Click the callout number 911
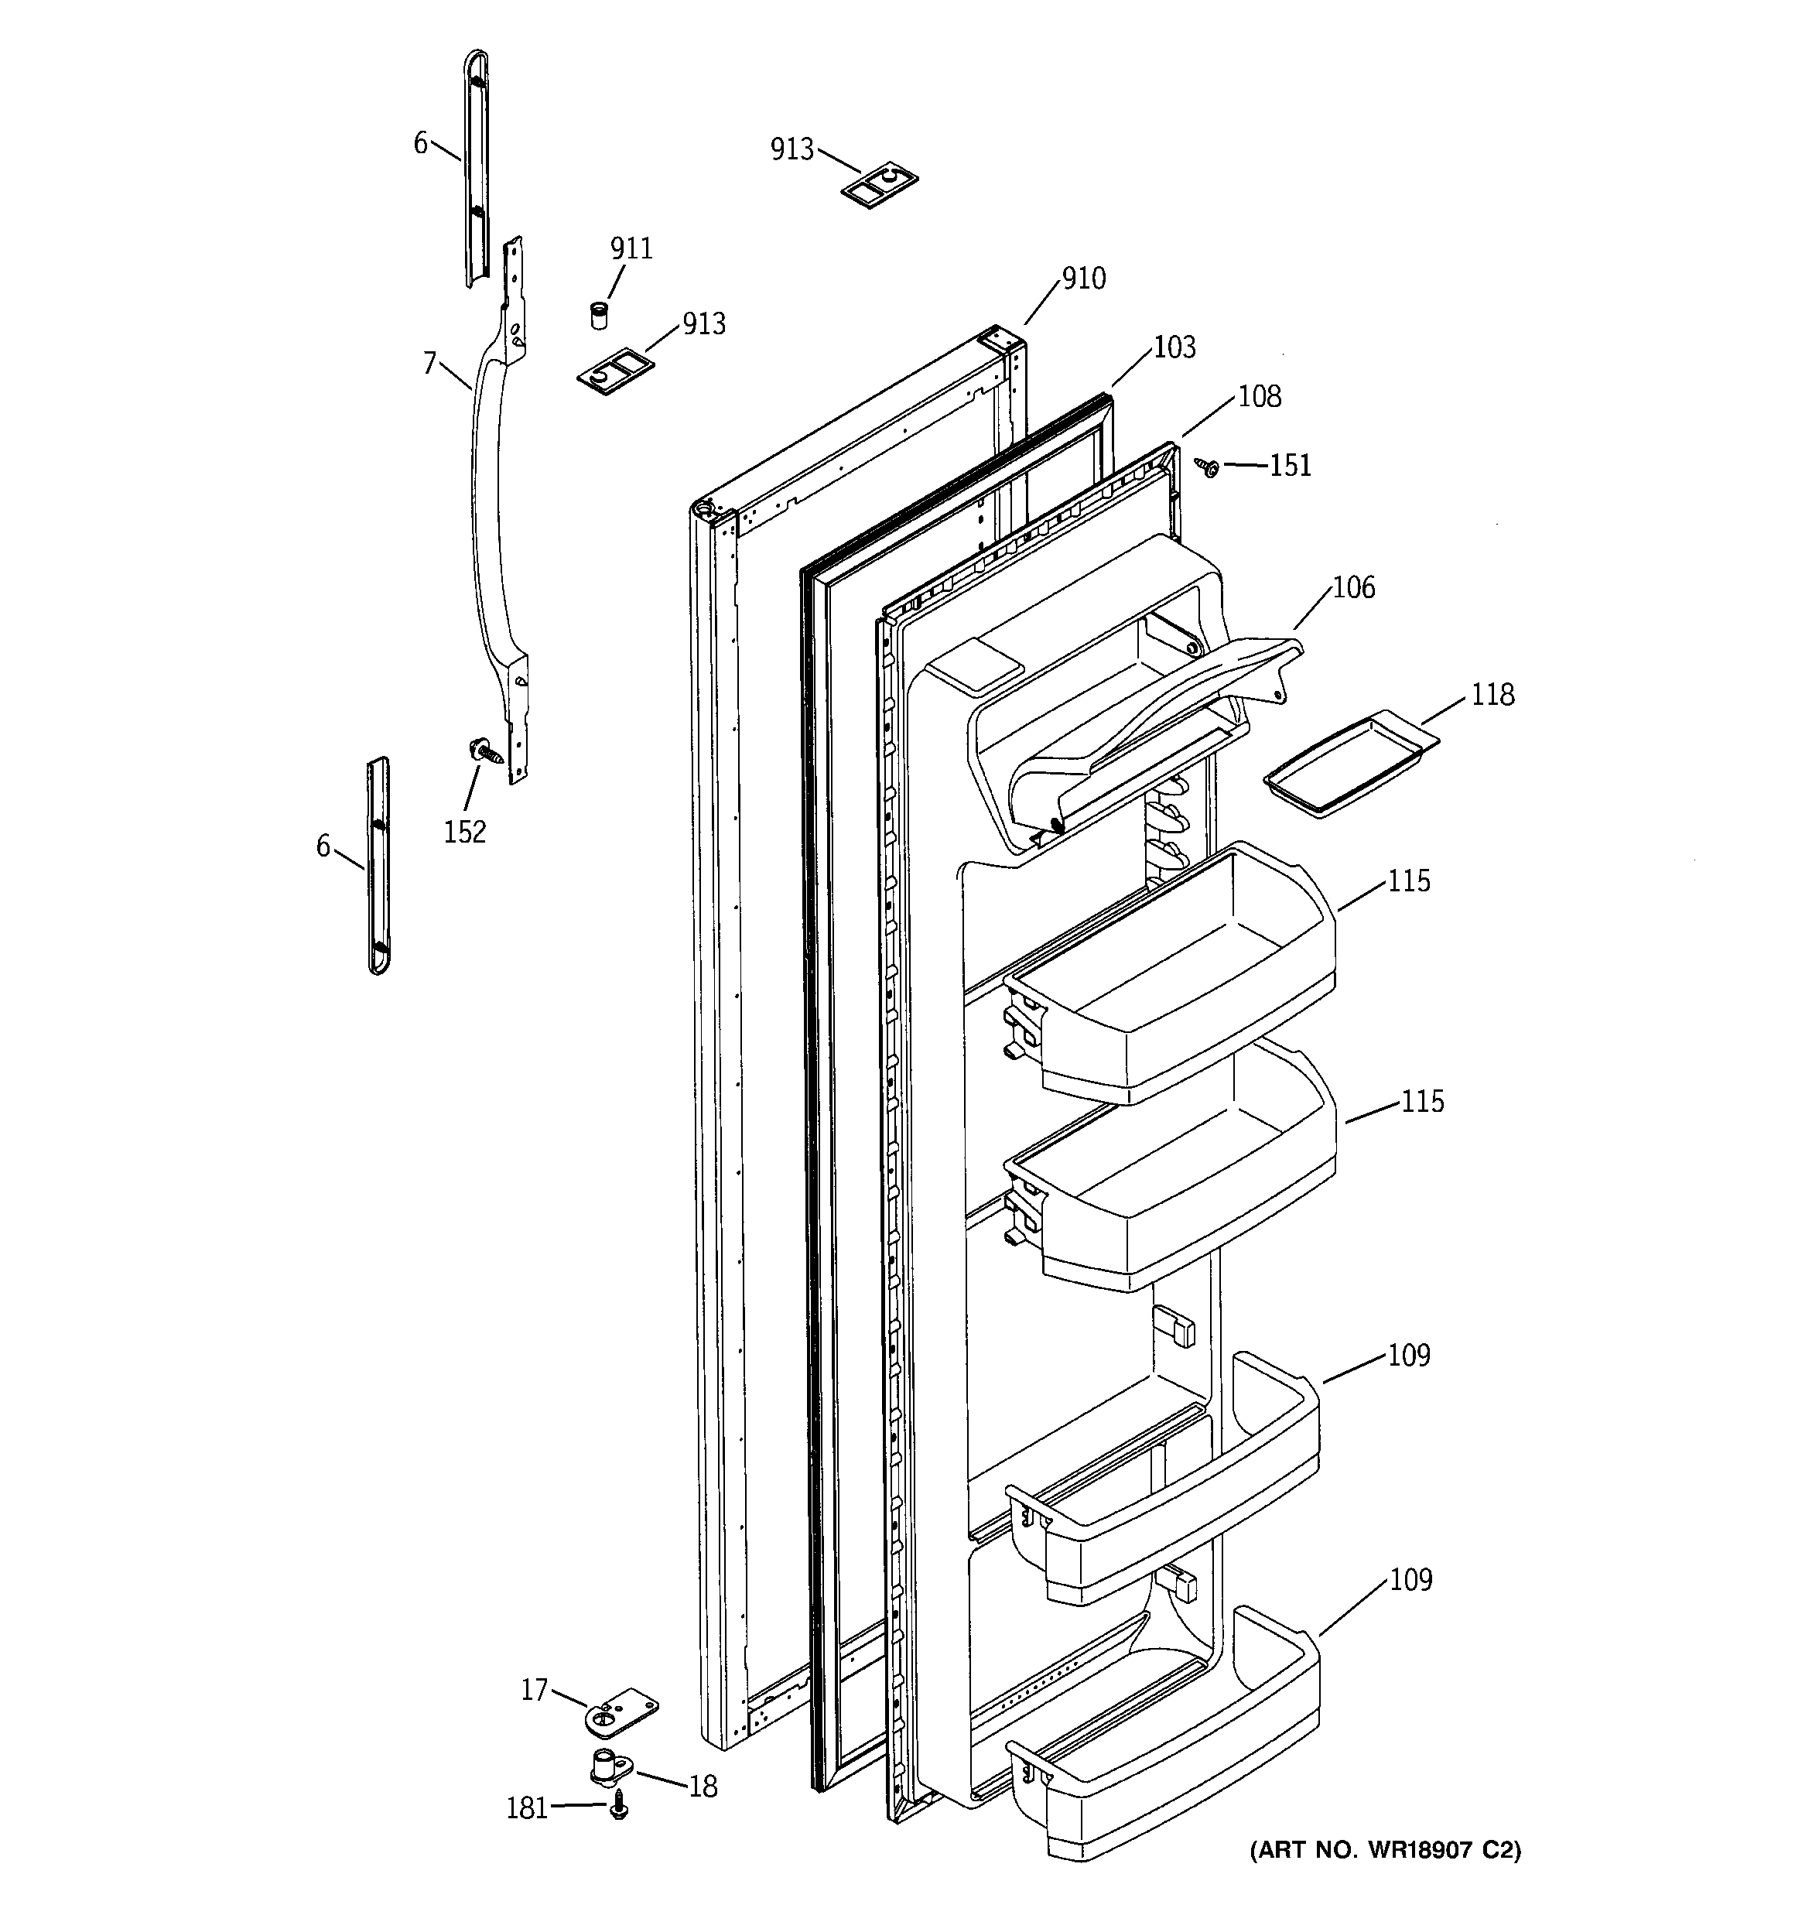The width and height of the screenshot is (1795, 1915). point(631,248)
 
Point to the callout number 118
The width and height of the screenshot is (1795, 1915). point(1492,695)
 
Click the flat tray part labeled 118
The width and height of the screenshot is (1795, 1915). point(1352,764)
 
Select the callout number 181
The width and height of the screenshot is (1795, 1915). point(527,1809)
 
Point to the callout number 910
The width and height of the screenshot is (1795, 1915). point(1083,279)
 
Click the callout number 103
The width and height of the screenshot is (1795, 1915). point(1174,347)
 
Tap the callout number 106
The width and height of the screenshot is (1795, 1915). point(1352,587)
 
